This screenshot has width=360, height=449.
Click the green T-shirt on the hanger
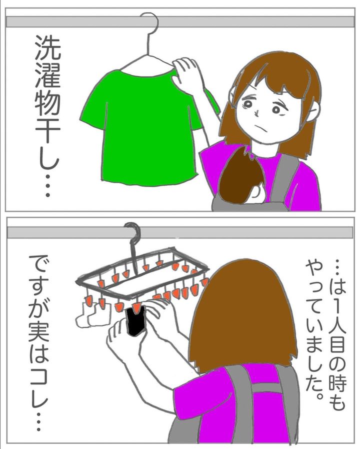[143, 126]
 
